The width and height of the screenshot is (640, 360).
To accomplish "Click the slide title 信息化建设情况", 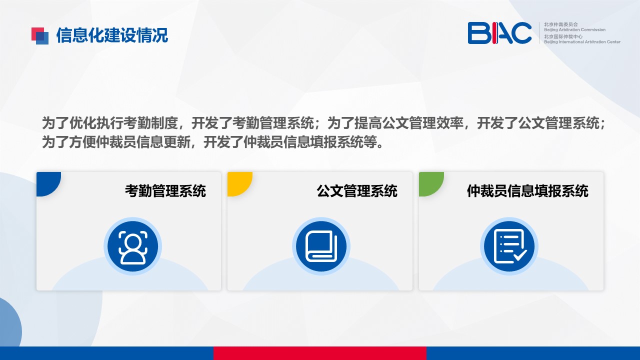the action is coord(112,35).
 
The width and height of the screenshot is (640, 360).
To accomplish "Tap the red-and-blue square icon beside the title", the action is coord(40,35).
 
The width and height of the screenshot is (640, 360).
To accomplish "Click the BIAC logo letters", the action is coord(499,33).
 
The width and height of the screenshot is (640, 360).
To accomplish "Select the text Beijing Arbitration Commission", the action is coord(574,29).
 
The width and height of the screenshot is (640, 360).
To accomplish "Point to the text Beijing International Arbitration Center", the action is coord(582,42).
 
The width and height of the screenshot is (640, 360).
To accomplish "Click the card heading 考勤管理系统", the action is coord(165,191).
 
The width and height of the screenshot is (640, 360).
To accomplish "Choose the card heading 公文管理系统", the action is coord(357,191).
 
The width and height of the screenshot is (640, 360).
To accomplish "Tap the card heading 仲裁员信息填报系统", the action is coord(527,191).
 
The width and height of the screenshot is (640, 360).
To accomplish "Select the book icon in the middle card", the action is coord(321,246).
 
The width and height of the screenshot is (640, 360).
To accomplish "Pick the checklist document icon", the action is coord(509,246).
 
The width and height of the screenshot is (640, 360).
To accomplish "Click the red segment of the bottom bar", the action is coord(320,353).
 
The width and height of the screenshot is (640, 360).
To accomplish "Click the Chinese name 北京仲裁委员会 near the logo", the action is coord(560,24).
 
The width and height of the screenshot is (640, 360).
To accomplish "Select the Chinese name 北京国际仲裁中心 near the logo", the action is coord(563,36).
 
